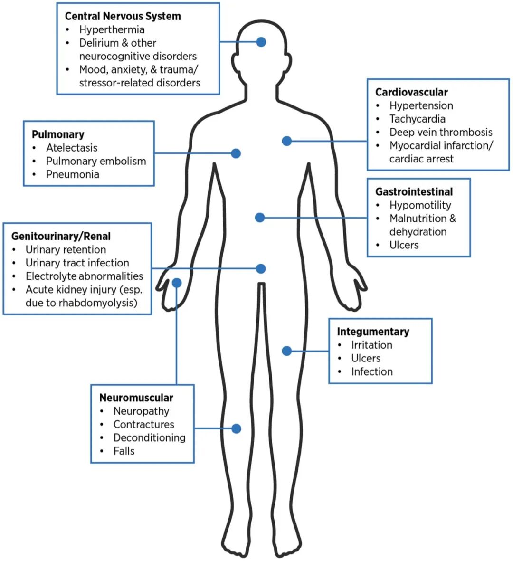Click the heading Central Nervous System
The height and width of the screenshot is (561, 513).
point(123,16)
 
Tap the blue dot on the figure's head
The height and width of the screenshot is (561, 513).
point(261,42)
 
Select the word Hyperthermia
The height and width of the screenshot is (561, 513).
point(112,29)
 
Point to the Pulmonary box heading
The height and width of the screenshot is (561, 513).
point(58,134)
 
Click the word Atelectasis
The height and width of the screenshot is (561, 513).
point(72,148)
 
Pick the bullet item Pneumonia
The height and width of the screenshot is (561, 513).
point(73,174)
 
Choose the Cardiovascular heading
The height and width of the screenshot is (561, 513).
point(411,92)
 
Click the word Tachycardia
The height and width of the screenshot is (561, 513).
point(418,119)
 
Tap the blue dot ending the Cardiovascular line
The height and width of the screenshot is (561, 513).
point(286,141)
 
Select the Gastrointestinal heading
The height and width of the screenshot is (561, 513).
point(414,192)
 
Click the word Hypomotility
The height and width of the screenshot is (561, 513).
point(420,205)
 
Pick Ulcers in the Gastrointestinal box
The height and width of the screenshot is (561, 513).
point(404,245)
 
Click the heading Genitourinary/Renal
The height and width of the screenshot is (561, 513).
point(61,236)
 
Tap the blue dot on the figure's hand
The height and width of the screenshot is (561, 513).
point(177,283)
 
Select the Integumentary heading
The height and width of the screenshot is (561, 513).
point(373,332)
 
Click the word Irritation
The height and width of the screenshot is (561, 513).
point(372,345)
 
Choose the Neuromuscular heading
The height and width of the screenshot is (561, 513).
point(136,398)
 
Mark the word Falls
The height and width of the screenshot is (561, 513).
point(124,451)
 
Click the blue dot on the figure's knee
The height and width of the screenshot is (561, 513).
point(236,428)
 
